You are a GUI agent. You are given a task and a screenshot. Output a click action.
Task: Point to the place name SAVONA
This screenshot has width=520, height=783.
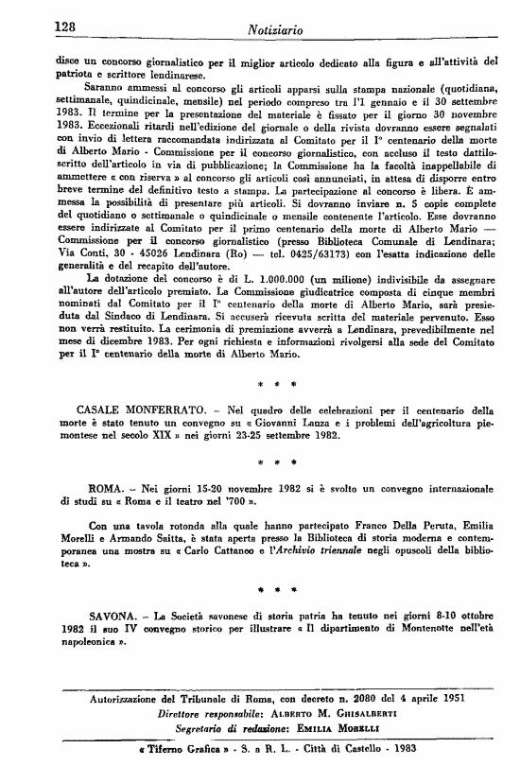[84, 617]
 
